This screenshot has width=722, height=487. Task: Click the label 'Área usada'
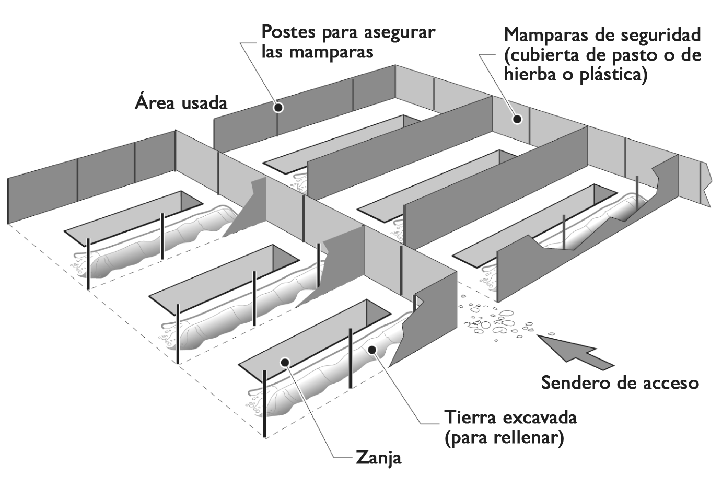[181, 102]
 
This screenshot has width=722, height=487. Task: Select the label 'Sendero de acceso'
[620, 383]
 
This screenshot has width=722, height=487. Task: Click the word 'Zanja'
[379, 458]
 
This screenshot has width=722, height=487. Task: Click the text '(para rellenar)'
[504, 437]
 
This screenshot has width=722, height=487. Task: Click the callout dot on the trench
[285, 362]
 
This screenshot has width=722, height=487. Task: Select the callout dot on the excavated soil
[371, 350]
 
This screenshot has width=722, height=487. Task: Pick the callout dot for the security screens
[517, 119]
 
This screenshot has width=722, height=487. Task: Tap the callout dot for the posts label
[279, 108]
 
